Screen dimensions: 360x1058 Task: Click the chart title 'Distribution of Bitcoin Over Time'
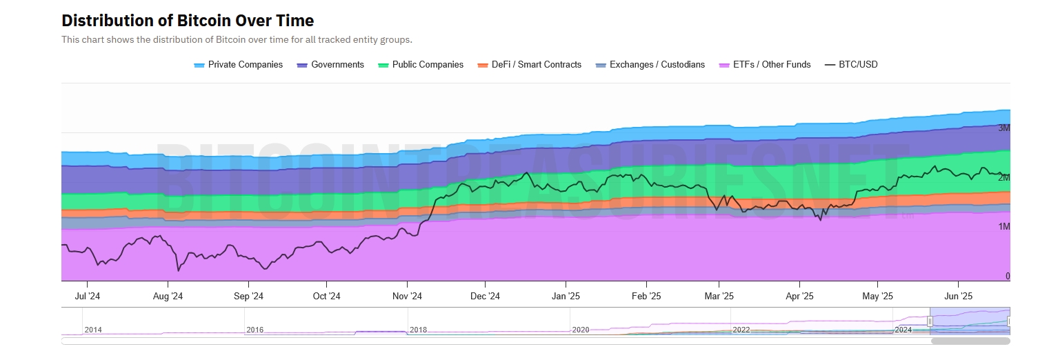point(188,21)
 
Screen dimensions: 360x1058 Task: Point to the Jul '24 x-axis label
point(88,297)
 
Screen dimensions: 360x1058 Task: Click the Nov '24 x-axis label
point(407,297)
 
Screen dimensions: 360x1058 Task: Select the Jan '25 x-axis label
point(566,297)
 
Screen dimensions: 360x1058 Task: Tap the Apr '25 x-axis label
point(799,297)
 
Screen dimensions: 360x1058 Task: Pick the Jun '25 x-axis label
point(957,297)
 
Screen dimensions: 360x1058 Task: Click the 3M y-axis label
point(1004,128)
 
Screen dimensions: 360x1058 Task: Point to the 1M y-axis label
point(1004,227)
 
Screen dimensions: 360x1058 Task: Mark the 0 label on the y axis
point(1007,276)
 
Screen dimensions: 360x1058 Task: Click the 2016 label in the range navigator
point(254,330)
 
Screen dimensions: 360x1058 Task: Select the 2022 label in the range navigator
point(741,330)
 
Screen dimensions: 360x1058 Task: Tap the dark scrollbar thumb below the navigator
point(970,341)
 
